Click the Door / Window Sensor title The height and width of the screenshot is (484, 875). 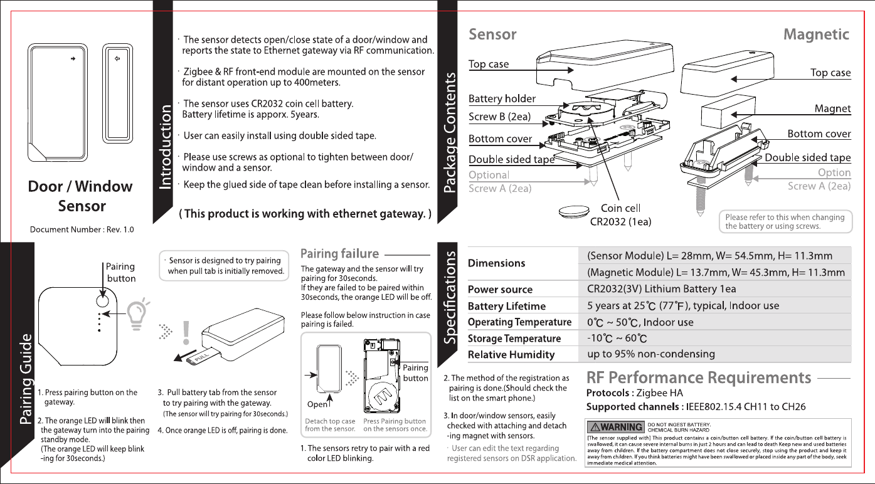[81, 196]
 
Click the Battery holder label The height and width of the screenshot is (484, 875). [502, 98]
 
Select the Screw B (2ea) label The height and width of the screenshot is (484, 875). [501, 117]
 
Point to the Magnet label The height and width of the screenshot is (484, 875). [832, 108]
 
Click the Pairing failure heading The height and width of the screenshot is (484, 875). [340, 254]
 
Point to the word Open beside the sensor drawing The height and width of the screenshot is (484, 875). [318, 404]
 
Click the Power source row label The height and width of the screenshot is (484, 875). [500, 290]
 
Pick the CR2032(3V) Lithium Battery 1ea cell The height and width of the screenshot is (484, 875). [661, 289]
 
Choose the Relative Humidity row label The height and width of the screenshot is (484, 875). [511, 355]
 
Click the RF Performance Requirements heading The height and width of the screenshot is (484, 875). [698, 378]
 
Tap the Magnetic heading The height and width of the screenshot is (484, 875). [816, 34]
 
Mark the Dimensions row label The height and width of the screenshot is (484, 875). [497, 263]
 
